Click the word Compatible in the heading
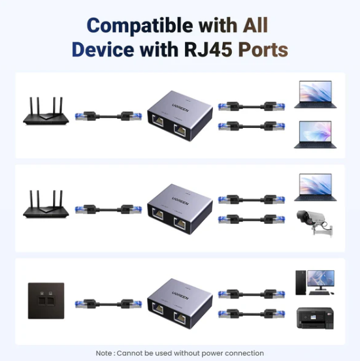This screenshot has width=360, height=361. click(x=140, y=26)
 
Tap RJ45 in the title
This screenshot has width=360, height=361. click(x=208, y=50)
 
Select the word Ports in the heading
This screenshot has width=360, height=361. click(x=263, y=50)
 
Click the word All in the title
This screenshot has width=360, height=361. click(x=255, y=25)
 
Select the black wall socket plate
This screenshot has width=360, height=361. click(x=46, y=301)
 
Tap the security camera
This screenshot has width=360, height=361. click(x=315, y=223)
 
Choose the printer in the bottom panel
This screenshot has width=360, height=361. click(x=315, y=318)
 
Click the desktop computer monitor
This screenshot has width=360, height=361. click(x=321, y=280)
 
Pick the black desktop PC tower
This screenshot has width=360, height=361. click(x=301, y=283)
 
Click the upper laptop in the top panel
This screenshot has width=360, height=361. click(x=316, y=95)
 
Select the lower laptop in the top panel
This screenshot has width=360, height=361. click(x=316, y=134)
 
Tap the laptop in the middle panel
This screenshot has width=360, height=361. click(x=316, y=187)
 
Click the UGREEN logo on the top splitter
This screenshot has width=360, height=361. click(x=180, y=108)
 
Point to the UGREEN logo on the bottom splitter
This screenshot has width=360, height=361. click(x=180, y=296)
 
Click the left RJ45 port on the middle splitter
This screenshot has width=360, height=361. click(x=158, y=214)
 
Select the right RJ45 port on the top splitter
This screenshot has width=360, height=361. click(x=180, y=131)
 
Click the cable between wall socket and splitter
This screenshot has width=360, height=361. click(x=108, y=304)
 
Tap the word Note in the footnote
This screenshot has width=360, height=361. click(x=104, y=353)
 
